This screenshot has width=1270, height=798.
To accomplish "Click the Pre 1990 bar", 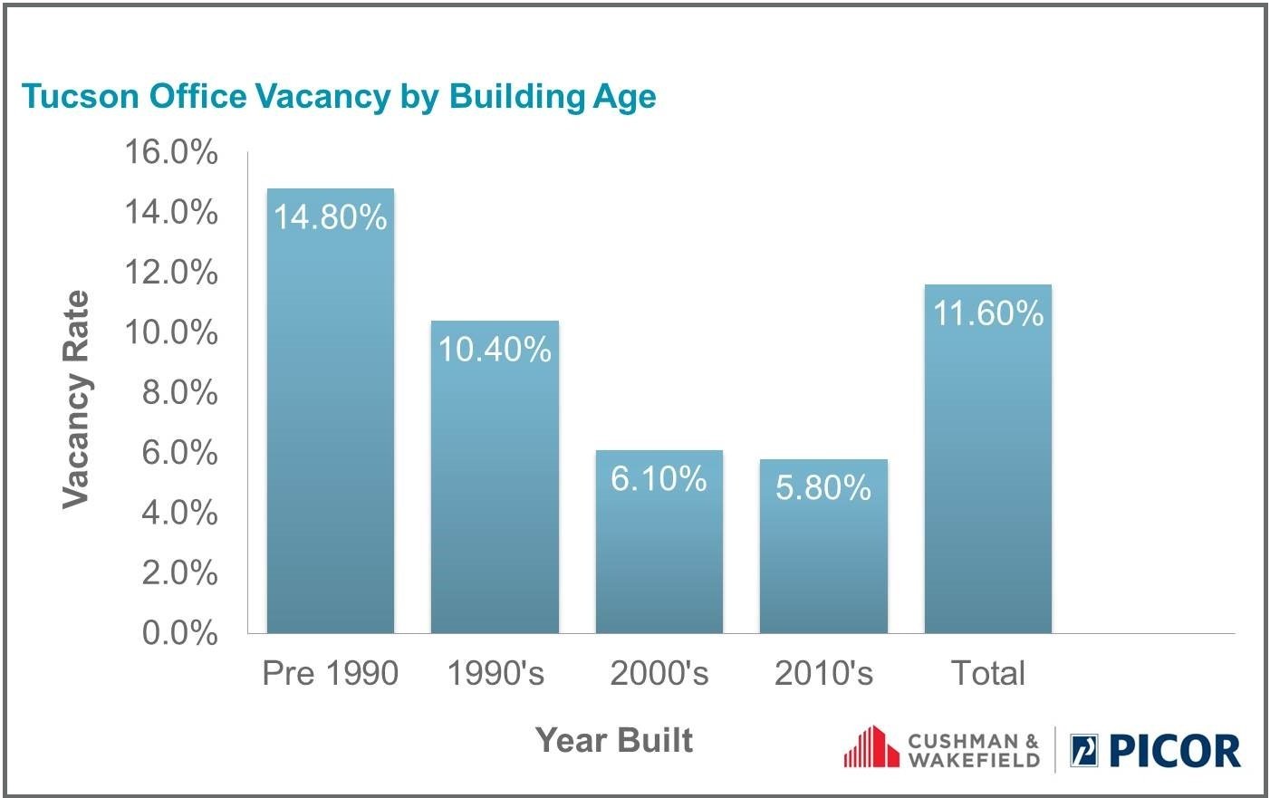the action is coord(331,410).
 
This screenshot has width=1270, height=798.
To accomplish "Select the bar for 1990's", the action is coord(495,476).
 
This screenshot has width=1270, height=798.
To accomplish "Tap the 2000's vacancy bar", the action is coord(659,542).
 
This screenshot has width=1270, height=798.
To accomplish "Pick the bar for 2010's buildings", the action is coord(823,546).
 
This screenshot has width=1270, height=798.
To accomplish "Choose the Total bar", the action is coord(988,458).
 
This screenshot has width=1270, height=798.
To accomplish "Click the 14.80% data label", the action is coord(331,217).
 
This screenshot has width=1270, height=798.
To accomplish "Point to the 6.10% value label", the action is coord(659,478).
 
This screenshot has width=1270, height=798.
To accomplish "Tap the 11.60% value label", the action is coord(988,312).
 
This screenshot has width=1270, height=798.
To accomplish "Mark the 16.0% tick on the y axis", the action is coord(171,152).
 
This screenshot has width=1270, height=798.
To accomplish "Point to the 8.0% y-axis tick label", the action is coord(179,392).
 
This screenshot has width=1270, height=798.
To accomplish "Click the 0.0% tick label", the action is coord(179,632).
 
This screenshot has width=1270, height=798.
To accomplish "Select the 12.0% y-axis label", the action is coord(171,272).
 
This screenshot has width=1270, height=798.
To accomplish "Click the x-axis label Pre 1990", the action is coord(331,673).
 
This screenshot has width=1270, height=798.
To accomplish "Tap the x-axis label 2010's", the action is coord(823,673).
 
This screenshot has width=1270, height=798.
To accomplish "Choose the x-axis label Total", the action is coord(988,673).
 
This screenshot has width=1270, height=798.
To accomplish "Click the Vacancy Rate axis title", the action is coord(76,399).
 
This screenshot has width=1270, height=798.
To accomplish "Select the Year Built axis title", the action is coord(614,740).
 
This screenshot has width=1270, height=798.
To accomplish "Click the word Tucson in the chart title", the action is coord(80,96).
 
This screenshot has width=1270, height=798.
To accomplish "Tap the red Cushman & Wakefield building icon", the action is coord(871,746).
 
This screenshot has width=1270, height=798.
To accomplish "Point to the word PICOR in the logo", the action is coord(1175,751).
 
